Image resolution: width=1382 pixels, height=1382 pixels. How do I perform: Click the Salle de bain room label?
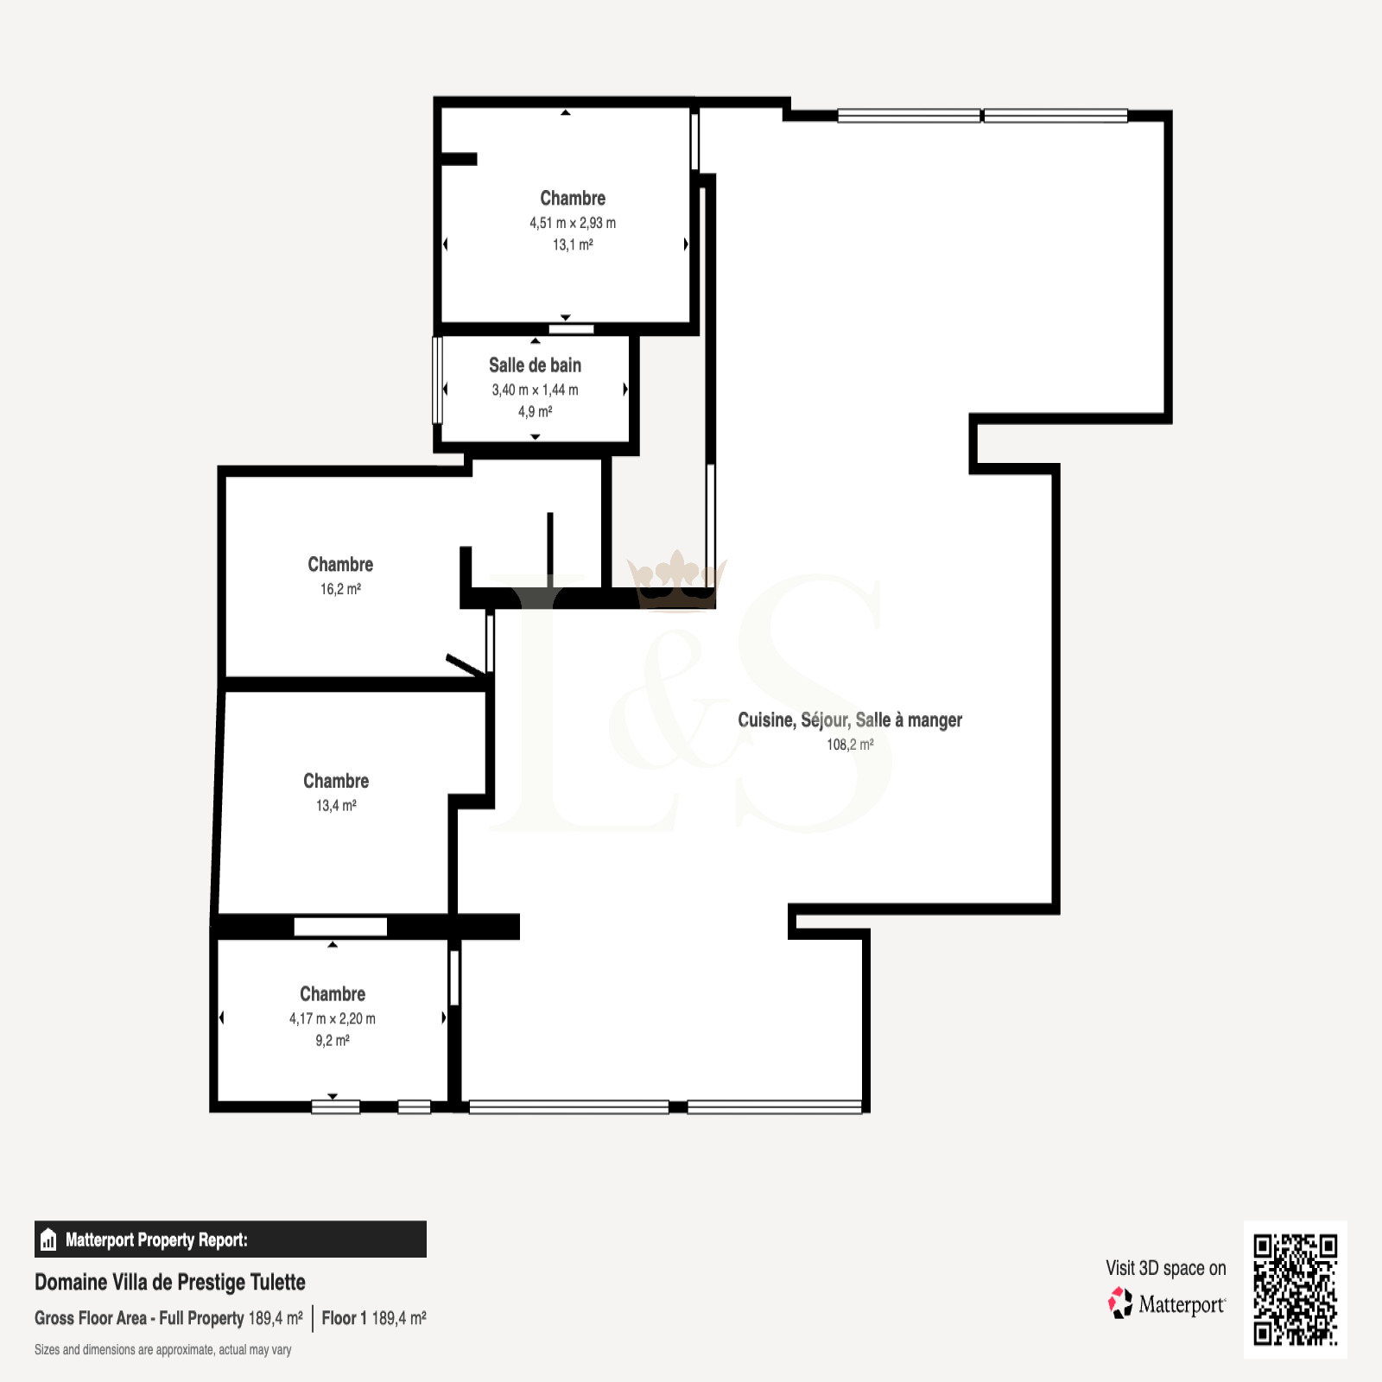click(535, 365)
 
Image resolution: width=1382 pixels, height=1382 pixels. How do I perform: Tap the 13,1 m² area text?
click(573, 244)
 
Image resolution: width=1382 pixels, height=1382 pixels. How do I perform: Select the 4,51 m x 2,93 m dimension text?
click(573, 223)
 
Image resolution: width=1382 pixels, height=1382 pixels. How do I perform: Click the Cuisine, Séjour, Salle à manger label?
click(850, 720)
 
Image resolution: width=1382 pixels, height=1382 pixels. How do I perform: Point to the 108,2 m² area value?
click(850, 745)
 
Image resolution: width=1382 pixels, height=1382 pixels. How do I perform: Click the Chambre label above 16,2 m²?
click(340, 564)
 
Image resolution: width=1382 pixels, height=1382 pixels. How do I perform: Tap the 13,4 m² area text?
click(336, 806)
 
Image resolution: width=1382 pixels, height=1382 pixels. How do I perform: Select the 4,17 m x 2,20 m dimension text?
click(333, 1019)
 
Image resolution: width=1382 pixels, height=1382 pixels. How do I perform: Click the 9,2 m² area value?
click(333, 1041)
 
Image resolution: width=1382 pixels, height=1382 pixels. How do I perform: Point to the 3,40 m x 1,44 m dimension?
click(535, 390)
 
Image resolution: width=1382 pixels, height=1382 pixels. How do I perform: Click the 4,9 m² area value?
click(535, 412)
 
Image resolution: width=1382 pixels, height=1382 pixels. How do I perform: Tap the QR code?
click(1295, 1290)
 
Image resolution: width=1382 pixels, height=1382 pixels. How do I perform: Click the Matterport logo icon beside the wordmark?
click(1120, 1303)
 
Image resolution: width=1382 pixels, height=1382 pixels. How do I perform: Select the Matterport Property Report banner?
click(231, 1239)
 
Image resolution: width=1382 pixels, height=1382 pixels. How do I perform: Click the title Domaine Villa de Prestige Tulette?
click(170, 1282)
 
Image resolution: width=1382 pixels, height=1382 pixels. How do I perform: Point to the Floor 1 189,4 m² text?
click(374, 1318)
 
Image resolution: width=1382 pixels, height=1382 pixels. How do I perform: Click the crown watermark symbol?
click(677, 579)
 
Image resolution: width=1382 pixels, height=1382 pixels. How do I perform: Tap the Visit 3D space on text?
click(1166, 1268)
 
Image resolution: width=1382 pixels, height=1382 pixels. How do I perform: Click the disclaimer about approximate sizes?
click(163, 1350)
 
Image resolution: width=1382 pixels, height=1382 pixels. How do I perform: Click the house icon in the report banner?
click(48, 1239)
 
